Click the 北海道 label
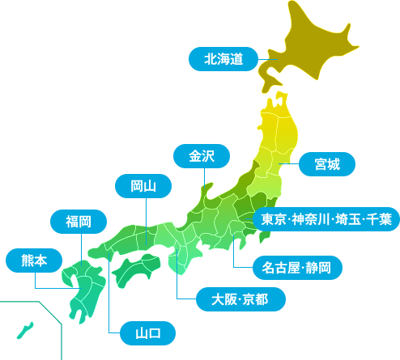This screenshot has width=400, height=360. coord(223,58)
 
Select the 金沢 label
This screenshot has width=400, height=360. coord(202,156)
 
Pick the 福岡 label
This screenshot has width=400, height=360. coord(79,221)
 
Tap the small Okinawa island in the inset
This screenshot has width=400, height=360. coord(25,330)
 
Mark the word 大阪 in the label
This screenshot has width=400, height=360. coord(223,300)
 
